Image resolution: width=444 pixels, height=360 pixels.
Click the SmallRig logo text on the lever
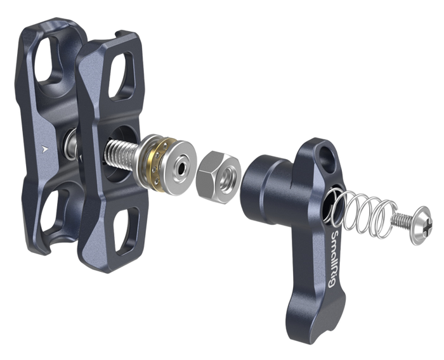pos(334,259)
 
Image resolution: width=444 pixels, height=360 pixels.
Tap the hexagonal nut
pos(218,177)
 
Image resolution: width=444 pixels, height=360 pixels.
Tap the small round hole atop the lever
pos(325,155)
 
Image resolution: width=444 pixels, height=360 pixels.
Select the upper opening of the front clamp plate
pos(121,76)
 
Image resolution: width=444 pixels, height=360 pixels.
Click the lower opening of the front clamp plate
pos(127,230)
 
